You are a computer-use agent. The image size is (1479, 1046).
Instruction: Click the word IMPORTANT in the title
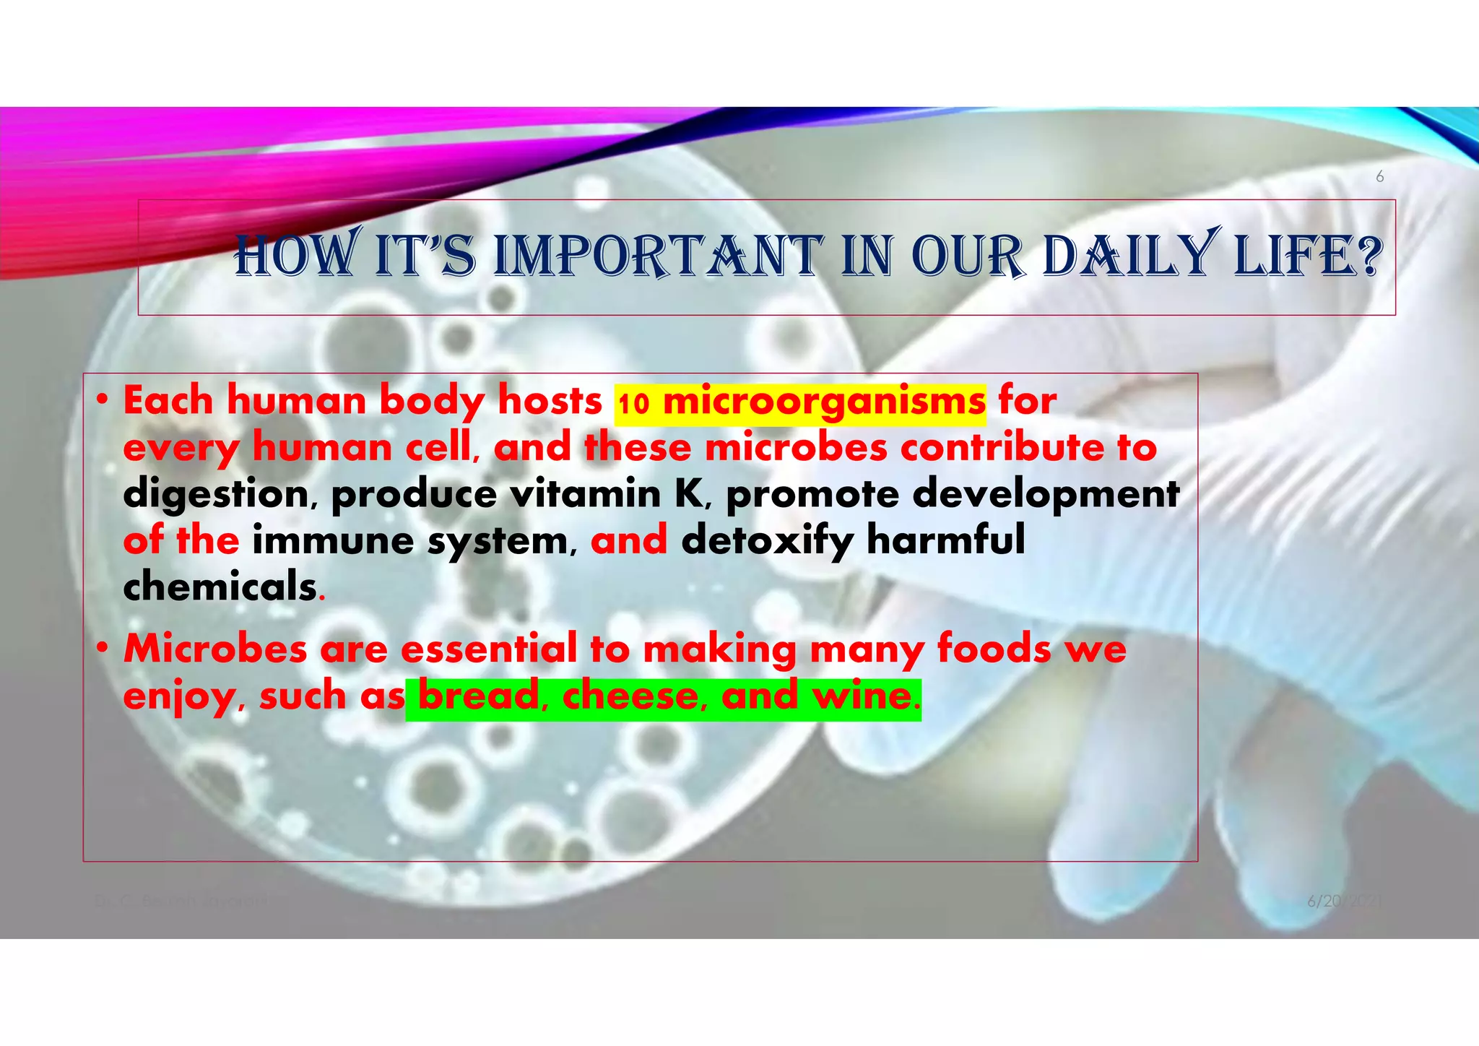click(657, 256)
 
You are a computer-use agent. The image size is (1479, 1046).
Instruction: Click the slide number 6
click(1379, 177)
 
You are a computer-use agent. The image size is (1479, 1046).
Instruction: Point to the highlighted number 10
click(633, 403)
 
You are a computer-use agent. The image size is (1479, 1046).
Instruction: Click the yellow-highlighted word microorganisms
click(824, 402)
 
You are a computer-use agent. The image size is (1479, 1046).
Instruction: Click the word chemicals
click(220, 587)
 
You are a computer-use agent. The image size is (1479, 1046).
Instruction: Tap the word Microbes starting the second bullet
click(216, 648)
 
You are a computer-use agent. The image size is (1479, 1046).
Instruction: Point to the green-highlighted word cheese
click(630, 696)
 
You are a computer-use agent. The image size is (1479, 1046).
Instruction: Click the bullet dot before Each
click(103, 399)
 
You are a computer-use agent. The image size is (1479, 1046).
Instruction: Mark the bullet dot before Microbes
click(103, 648)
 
